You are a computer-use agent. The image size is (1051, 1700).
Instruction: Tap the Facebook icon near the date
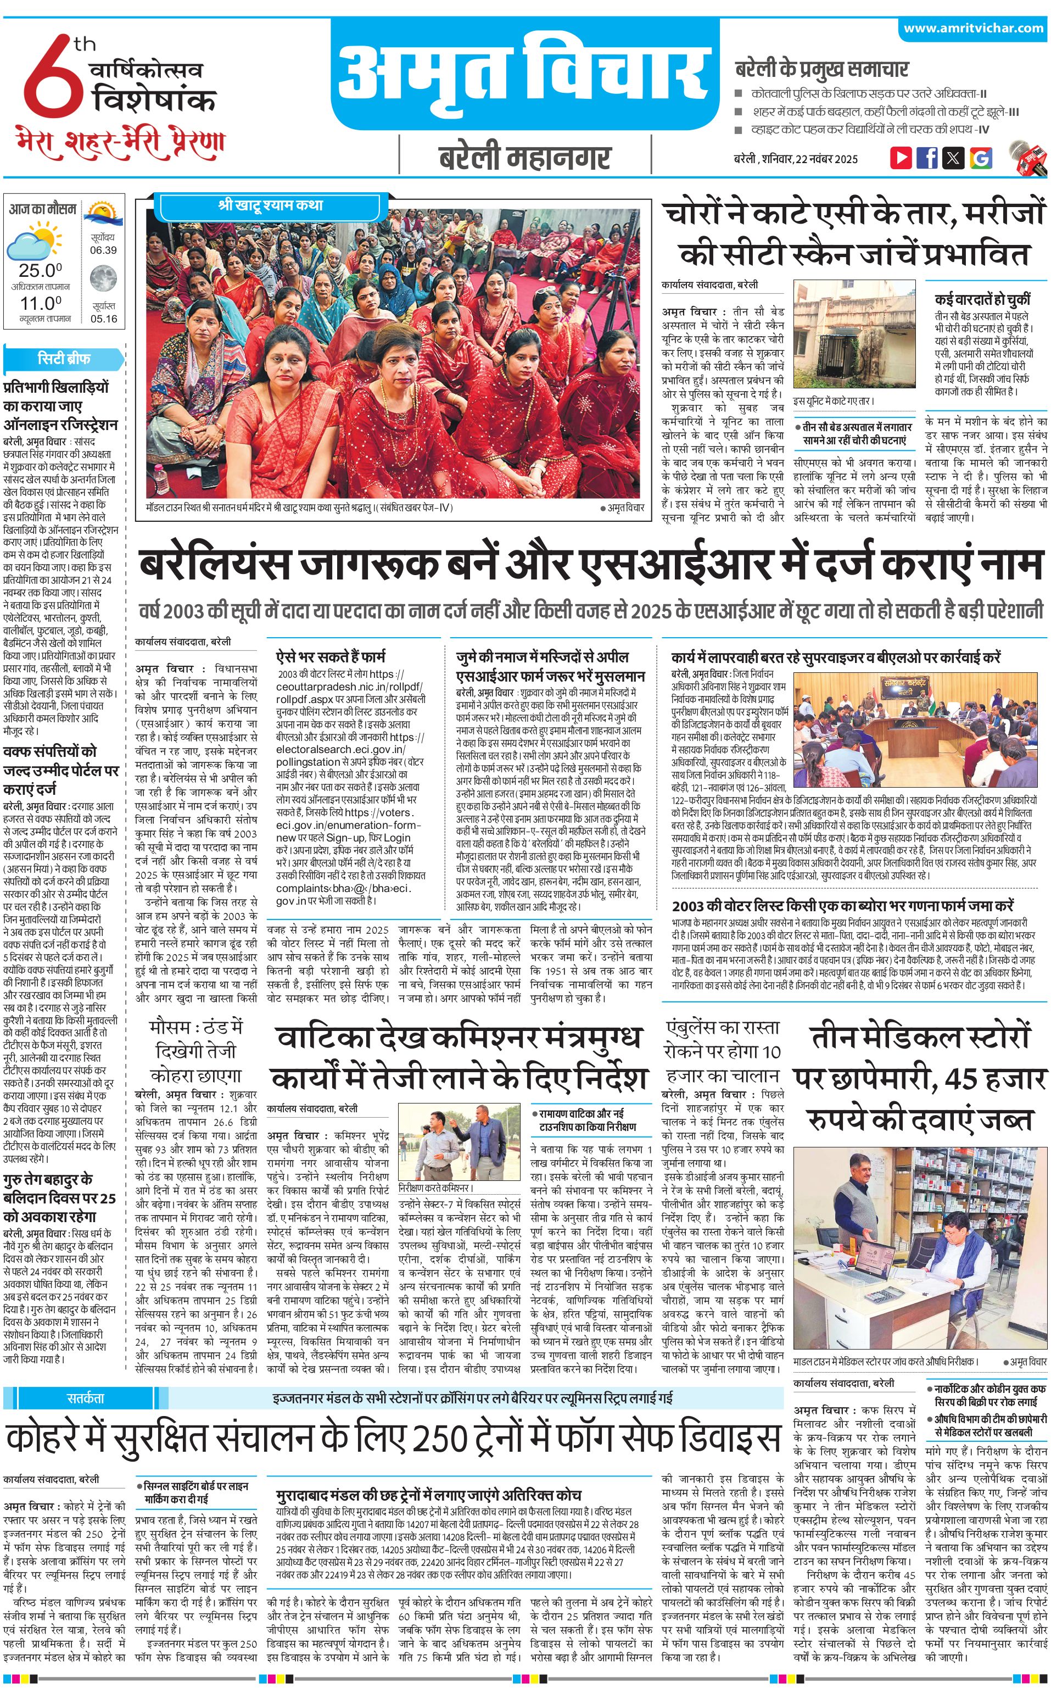click(926, 157)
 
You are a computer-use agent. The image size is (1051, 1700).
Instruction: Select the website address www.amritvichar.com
click(973, 29)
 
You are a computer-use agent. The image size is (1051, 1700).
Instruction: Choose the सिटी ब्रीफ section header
click(63, 359)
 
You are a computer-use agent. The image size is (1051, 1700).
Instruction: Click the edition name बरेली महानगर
click(525, 157)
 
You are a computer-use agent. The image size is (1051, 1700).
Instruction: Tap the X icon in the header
click(954, 157)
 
